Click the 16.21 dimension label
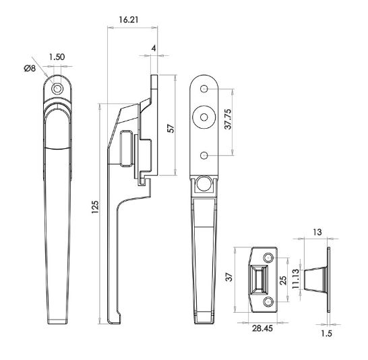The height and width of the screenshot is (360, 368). click(128, 20)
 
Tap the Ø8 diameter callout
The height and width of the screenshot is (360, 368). click(30, 69)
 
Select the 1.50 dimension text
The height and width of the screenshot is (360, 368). click(57, 57)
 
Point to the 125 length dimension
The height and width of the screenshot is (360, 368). click(95, 207)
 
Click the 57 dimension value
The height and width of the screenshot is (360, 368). click(171, 128)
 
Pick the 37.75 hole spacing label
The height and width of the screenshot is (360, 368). click(228, 119)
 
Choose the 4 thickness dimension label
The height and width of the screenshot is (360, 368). click(154, 49)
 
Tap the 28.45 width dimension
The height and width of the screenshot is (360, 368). click(262, 328)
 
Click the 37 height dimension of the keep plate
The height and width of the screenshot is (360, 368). click(229, 277)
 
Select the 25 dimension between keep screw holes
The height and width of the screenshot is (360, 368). click(283, 280)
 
